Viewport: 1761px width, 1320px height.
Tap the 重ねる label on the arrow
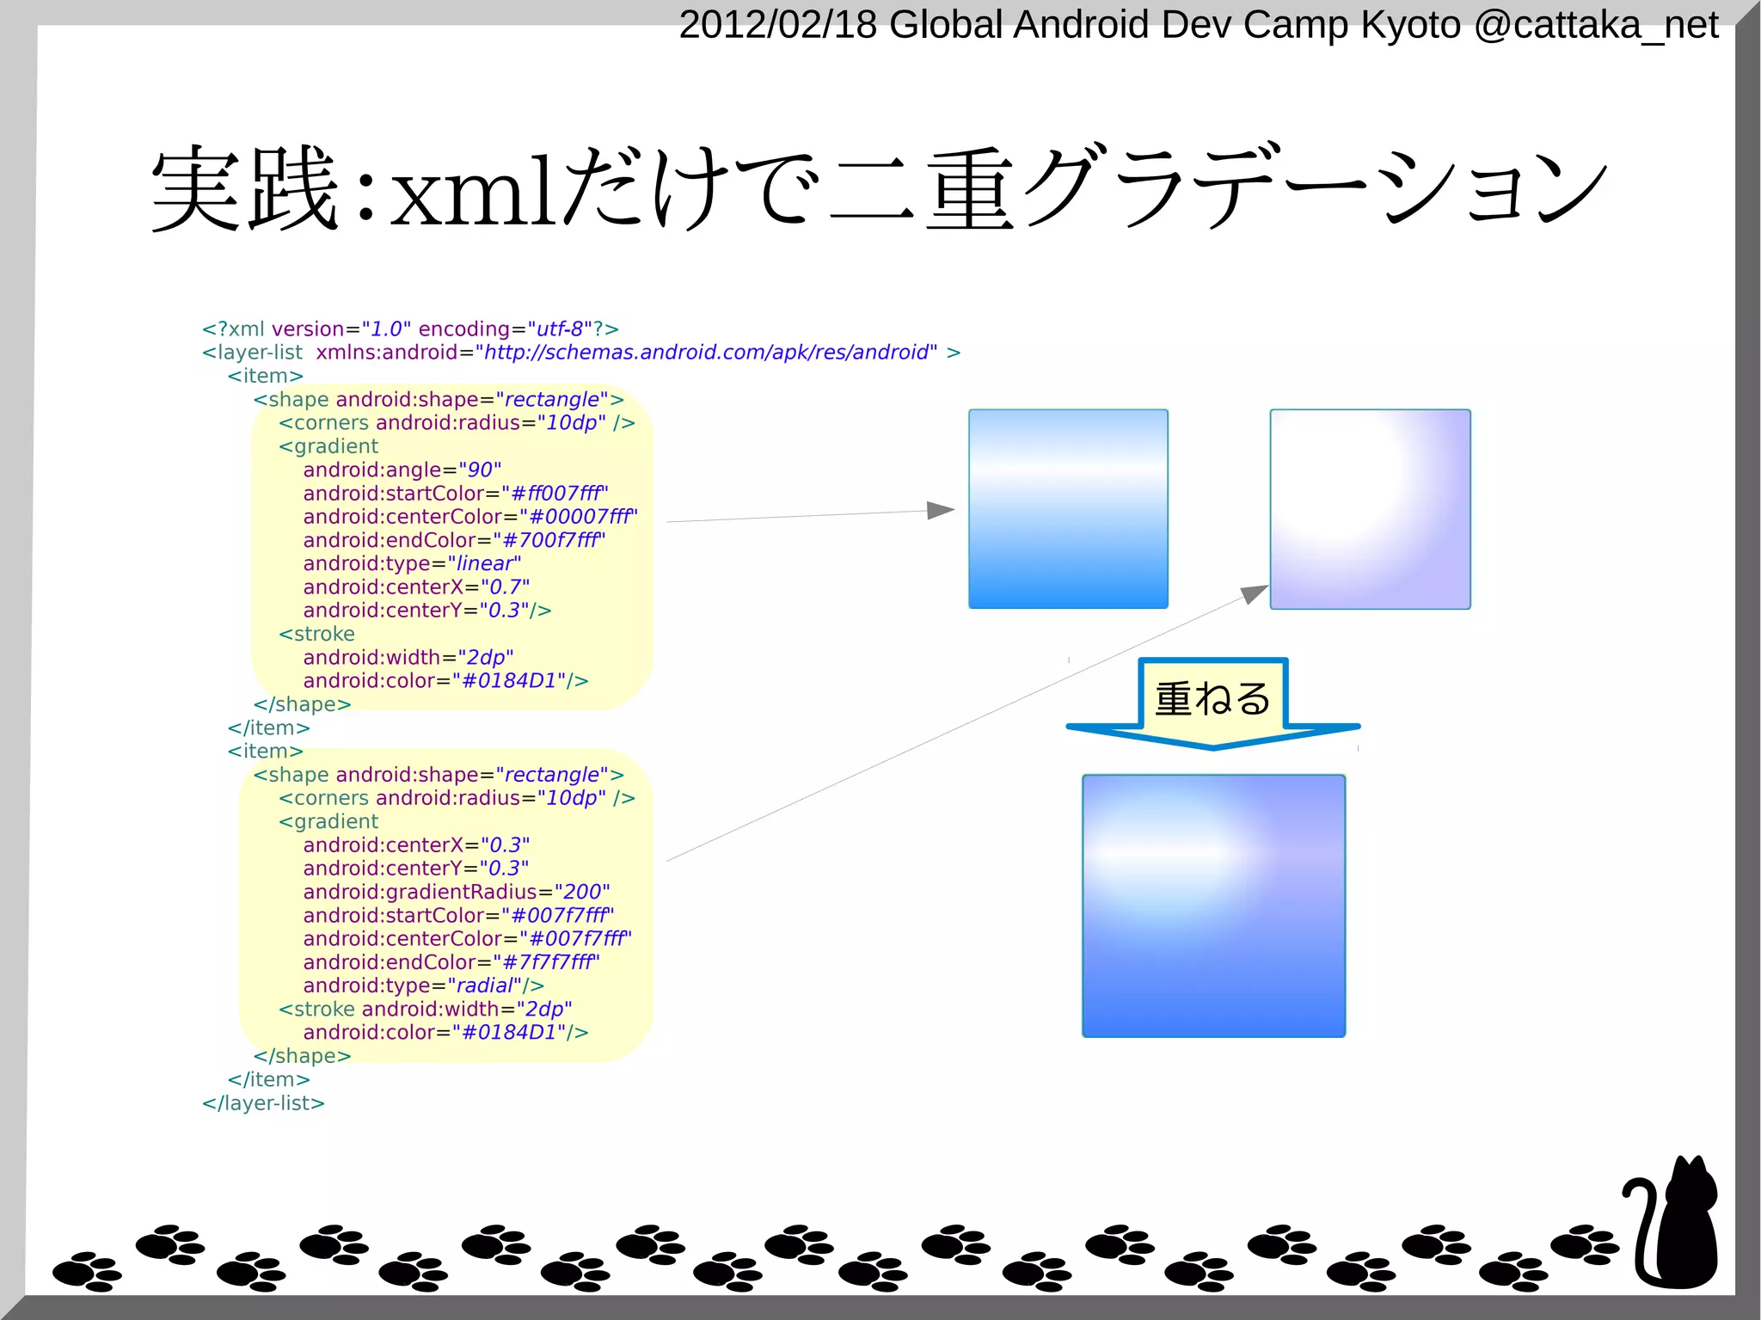point(1212,698)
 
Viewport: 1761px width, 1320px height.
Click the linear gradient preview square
point(1068,509)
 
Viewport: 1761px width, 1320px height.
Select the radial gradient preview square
point(1370,509)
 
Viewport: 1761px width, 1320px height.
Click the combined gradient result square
point(1213,906)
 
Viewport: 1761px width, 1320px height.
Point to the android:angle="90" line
point(402,470)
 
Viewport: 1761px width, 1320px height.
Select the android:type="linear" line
point(412,564)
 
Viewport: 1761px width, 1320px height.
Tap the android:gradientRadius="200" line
point(456,892)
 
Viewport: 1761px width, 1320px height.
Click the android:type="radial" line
point(423,985)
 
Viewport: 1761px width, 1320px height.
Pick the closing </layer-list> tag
point(263,1103)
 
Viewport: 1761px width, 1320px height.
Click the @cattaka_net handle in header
point(1596,25)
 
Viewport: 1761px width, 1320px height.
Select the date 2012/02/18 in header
point(777,25)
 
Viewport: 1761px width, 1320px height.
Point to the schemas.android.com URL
point(706,353)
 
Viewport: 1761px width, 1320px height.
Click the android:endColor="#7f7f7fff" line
point(451,962)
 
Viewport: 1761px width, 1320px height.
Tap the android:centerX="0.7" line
point(416,587)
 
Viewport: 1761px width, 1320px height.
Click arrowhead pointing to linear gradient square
point(941,511)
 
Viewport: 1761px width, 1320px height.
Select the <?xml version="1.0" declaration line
point(410,329)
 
